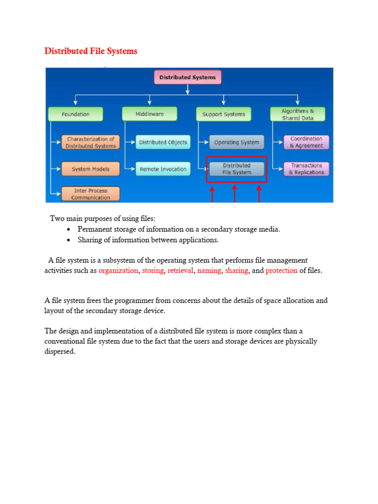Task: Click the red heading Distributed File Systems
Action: tap(91, 51)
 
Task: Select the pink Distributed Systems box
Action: tap(188, 78)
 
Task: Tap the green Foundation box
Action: tap(76, 114)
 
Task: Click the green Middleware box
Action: tap(150, 114)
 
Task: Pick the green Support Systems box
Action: tap(223, 114)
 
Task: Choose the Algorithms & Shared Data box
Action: tap(298, 114)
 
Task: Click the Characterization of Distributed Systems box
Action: tap(91, 142)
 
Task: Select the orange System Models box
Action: tap(91, 169)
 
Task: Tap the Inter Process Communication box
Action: tap(91, 194)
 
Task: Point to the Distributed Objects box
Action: tap(163, 142)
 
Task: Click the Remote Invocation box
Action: tap(163, 169)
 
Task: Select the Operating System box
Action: tap(236, 142)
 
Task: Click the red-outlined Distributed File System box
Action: tap(237, 169)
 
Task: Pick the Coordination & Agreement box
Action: tap(306, 142)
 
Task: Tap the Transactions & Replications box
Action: tap(306, 169)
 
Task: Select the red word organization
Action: tap(118, 271)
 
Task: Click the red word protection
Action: tap(282, 271)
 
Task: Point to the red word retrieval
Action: tap(180, 271)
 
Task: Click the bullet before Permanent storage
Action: tap(68, 230)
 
